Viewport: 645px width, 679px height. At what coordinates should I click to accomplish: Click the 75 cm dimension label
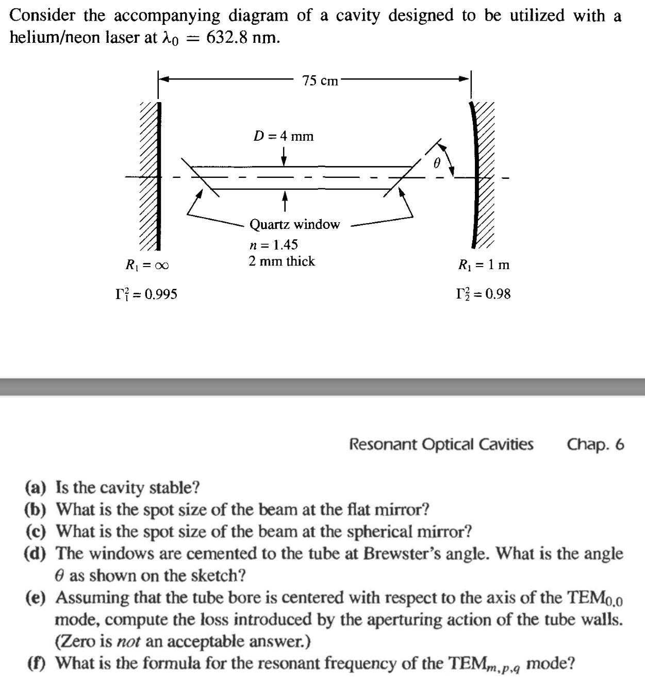(x=320, y=80)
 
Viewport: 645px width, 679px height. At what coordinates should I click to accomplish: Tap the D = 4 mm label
(x=284, y=136)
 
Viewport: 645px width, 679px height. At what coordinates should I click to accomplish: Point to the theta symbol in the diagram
(x=436, y=163)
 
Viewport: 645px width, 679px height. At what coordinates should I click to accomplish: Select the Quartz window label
(x=294, y=224)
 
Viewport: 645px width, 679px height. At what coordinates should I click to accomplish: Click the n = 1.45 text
(x=273, y=244)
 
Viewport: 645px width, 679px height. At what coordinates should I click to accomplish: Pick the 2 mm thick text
(x=282, y=261)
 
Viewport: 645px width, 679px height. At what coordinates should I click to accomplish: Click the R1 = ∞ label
(x=147, y=266)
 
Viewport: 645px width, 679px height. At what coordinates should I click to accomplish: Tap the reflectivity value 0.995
(x=161, y=294)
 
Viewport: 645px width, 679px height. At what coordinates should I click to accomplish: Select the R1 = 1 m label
(x=484, y=265)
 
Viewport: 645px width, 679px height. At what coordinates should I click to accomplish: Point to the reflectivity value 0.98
(x=498, y=294)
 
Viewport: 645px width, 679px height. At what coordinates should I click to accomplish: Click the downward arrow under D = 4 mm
(x=284, y=156)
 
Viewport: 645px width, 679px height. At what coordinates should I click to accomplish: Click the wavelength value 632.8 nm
(x=243, y=38)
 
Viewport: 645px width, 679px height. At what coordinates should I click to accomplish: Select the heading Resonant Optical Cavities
(x=441, y=444)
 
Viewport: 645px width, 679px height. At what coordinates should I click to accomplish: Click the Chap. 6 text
(x=596, y=444)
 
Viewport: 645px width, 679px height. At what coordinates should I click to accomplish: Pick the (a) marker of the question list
(x=35, y=487)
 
